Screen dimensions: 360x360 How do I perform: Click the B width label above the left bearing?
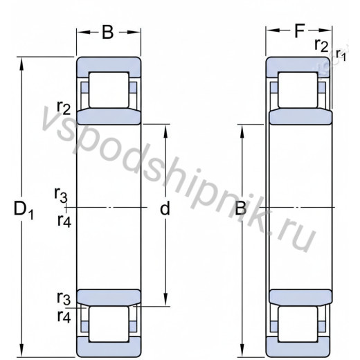tap(108, 33)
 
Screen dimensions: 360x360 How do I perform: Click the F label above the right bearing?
tap(300, 30)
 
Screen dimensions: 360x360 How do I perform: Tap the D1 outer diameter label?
tap(24, 210)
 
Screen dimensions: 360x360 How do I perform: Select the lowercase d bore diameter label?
tap(165, 208)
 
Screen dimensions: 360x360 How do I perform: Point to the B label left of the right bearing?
tap(240, 208)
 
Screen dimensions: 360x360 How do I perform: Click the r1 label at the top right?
tap(341, 55)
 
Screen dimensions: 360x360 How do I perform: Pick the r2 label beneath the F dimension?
tap(321, 45)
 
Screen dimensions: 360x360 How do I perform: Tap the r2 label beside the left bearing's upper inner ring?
tap(64, 108)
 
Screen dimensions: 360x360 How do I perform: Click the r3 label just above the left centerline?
tap(61, 195)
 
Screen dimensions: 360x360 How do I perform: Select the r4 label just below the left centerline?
tap(64, 221)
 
